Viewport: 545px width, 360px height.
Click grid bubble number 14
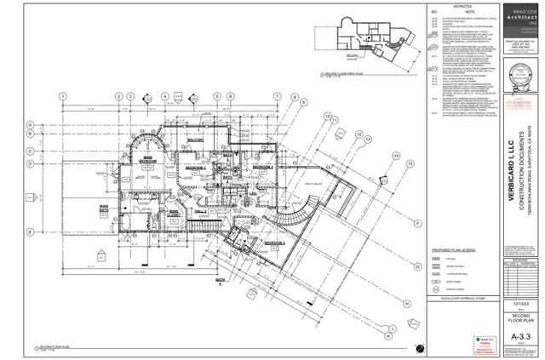coord(396,154)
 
